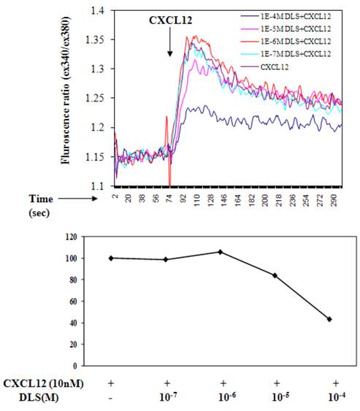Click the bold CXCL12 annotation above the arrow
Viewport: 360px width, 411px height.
[170, 21]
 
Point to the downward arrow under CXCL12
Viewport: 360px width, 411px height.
[169, 44]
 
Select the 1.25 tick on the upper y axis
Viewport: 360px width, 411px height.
[96, 99]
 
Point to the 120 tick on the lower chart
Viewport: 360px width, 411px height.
[72, 237]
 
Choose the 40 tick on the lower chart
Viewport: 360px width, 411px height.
[74, 323]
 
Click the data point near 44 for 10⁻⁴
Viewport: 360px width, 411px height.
[329, 319]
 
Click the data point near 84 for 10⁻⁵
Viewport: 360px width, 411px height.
[275, 275]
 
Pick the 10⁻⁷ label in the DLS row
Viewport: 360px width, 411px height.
[166, 397]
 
